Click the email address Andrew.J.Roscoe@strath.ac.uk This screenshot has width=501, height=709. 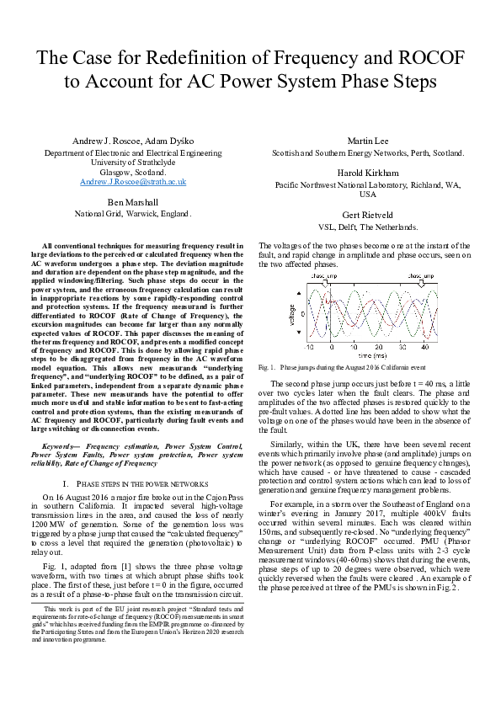pos(133,182)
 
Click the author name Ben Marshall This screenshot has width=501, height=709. pos(133,202)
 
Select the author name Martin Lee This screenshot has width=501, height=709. pos(367,141)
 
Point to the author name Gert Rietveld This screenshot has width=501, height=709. pos(367,215)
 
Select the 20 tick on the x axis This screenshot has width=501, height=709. pos(379,347)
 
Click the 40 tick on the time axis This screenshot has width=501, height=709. pos(425,347)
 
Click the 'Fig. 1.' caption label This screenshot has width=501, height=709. pos(267,368)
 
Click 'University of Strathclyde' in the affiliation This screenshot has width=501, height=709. pos(133,163)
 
